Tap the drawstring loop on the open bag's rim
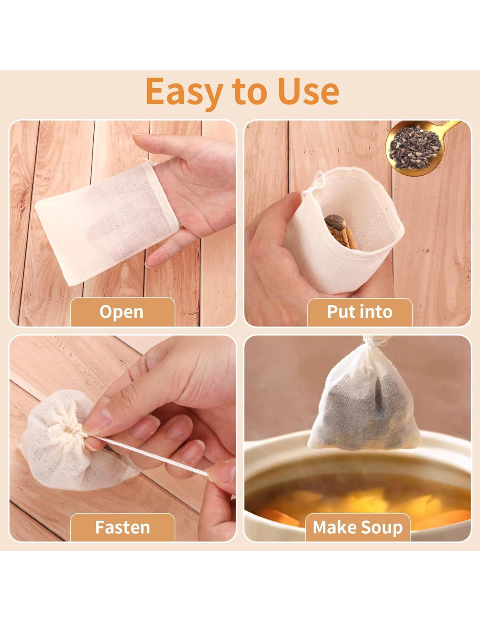click(x=317, y=186)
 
